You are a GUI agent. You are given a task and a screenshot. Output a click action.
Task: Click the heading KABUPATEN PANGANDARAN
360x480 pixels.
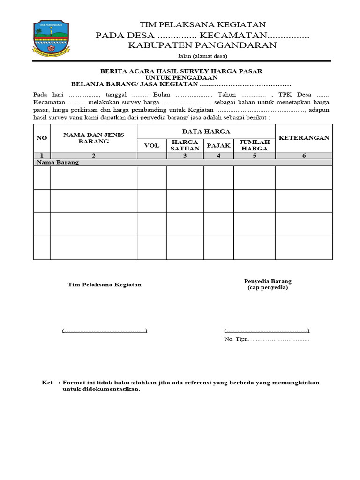point(202,45)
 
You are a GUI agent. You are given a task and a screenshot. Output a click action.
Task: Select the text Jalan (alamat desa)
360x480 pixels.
point(202,56)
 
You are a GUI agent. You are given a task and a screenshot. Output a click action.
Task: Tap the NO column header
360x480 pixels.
point(42,138)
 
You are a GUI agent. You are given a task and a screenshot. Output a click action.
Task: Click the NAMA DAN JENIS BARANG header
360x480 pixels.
point(94,138)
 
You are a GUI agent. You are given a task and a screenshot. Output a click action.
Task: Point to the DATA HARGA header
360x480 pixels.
point(206,131)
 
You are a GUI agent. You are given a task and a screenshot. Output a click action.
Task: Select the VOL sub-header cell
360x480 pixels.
point(151,145)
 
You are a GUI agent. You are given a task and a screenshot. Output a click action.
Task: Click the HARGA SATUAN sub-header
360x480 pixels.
point(185,145)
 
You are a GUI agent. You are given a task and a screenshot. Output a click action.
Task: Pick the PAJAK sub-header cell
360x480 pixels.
point(218,145)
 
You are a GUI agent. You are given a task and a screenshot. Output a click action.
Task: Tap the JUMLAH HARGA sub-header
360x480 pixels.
point(254,145)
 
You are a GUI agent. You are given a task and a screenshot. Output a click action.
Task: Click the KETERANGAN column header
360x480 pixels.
point(304,138)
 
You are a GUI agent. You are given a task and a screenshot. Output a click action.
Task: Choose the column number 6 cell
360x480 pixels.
point(304,156)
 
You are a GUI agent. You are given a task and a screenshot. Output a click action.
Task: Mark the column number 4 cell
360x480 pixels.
point(218,156)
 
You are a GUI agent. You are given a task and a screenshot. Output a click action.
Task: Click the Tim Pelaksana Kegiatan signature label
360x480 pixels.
point(105,285)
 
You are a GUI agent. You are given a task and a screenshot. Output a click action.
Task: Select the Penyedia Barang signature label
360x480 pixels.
point(268,281)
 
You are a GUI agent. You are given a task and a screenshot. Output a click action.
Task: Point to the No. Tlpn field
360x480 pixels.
point(267,339)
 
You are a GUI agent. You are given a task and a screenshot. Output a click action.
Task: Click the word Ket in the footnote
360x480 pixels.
point(47,382)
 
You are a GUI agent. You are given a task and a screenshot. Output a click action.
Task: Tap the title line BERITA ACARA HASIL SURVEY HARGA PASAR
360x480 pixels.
point(181,71)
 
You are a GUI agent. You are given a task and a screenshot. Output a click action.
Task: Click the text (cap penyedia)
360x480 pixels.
point(268,288)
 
